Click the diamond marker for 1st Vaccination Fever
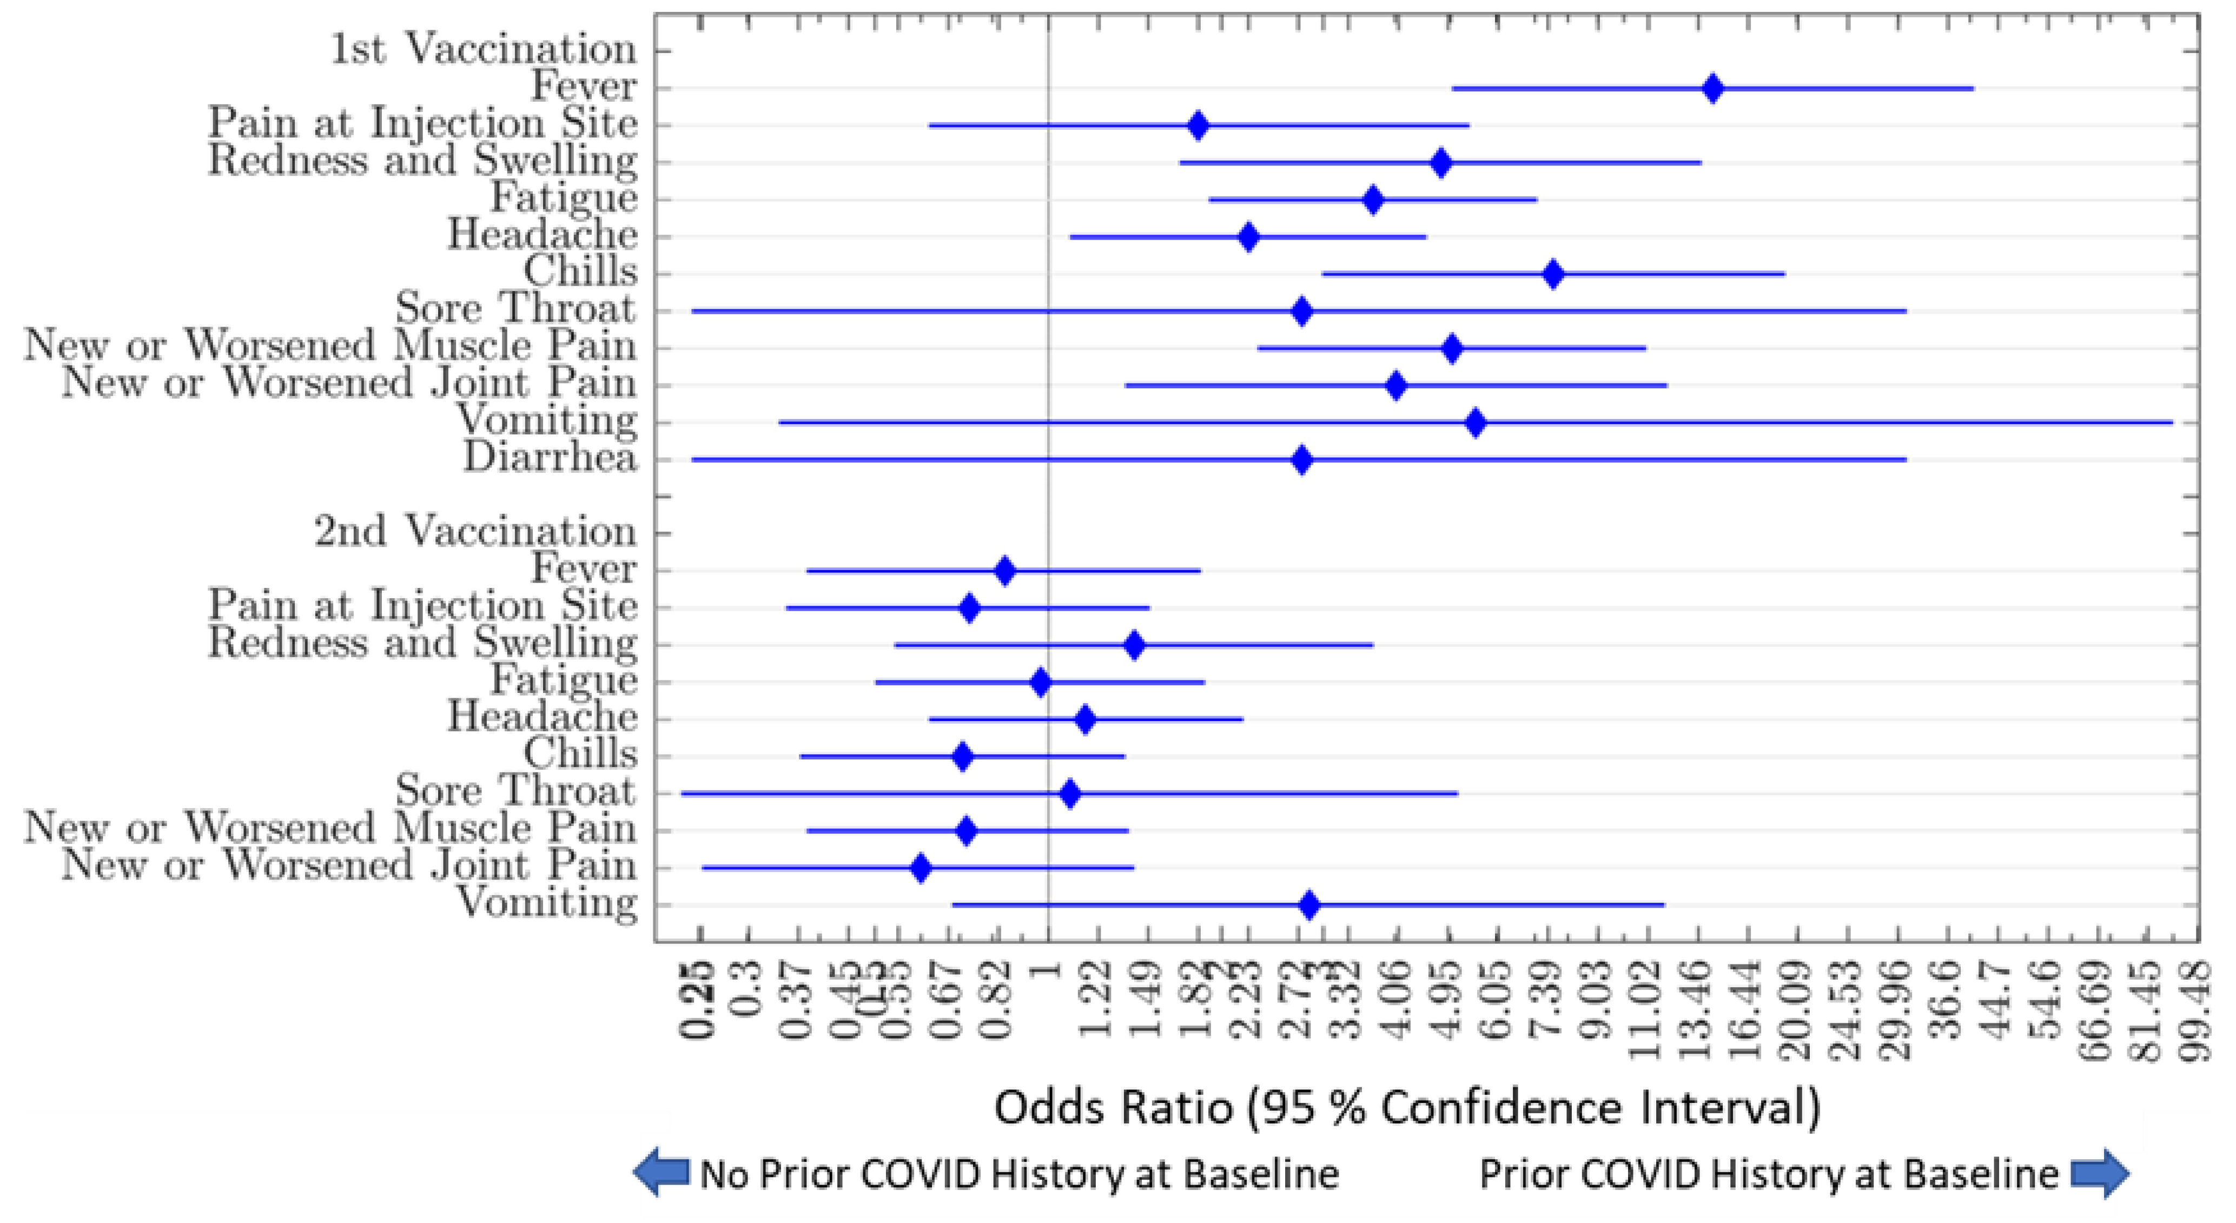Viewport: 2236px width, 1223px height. tap(1712, 89)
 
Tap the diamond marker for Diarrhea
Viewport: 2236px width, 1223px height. tap(1301, 460)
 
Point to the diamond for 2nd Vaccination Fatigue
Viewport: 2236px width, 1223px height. tap(1041, 682)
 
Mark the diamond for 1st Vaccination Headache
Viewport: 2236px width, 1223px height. tap(1248, 237)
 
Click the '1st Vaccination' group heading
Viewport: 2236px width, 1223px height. tap(484, 49)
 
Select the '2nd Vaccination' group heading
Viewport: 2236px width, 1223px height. tap(475, 531)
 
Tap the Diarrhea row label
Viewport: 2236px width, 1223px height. tap(550, 458)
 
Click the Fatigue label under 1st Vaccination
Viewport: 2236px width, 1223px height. tap(564, 197)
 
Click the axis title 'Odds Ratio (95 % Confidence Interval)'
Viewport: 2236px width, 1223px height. tap(1407, 1108)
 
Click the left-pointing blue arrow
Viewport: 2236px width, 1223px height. tap(660, 1173)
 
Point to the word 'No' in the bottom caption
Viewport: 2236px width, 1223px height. tap(725, 1174)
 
